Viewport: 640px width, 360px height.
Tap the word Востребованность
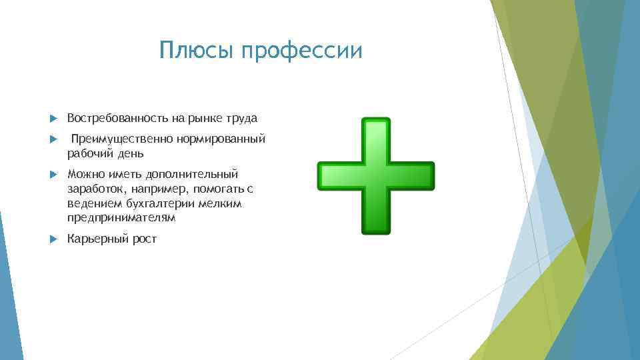[117, 118]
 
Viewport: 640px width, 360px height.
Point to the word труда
[242, 119]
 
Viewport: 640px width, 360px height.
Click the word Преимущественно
[122, 139]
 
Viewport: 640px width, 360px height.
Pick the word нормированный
[221, 139]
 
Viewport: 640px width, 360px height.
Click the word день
[130, 153]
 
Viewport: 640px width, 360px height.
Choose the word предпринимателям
[121, 218]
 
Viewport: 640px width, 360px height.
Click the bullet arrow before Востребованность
[54, 118]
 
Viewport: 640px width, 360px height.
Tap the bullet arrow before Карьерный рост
[54, 239]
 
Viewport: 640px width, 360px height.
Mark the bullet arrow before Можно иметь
[54, 174]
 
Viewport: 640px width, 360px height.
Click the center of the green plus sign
[375, 176]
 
